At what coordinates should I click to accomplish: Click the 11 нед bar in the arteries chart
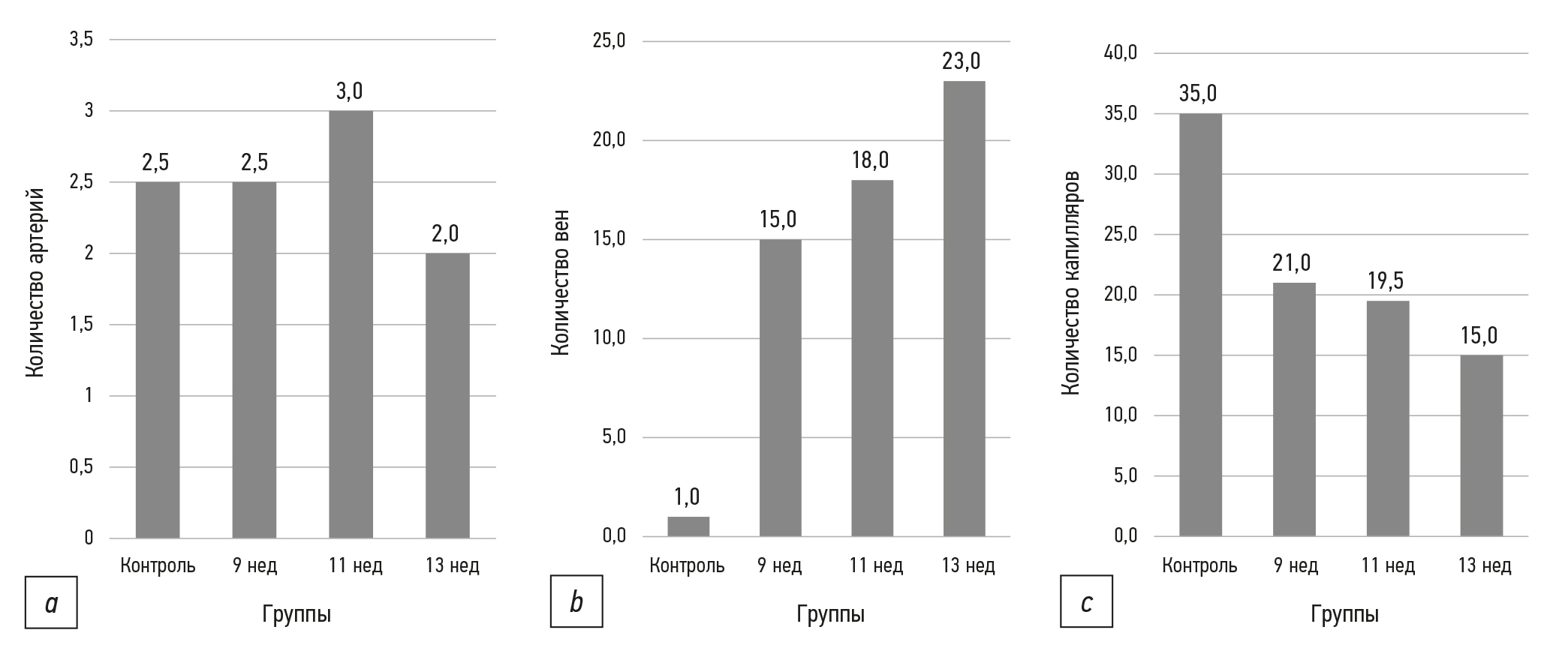pyautogui.click(x=351, y=324)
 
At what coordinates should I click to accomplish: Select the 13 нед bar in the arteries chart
pyautogui.click(x=447, y=395)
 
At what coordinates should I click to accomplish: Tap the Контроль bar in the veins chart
pyautogui.click(x=688, y=526)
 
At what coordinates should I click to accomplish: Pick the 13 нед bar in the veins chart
pyautogui.click(x=964, y=308)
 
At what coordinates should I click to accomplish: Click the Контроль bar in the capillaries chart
pyautogui.click(x=1200, y=325)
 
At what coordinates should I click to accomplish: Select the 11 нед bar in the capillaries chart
pyautogui.click(x=1387, y=418)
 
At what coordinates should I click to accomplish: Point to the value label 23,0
pyautogui.click(x=962, y=61)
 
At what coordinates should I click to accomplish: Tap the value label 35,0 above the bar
pyautogui.click(x=1198, y=94)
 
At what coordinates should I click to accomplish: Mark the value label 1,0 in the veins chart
pyautogui.click(x=687, y=496)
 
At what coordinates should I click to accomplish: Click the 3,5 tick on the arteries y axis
pyautogui.click(x=81, y=40)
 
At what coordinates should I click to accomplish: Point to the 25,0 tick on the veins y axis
pyautogui.click(x=608, y=41)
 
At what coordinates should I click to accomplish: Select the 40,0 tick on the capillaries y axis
pyautogui.click(x=1121, y=53)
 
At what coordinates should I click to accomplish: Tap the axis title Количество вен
pyautogui.click(x=559, y=283)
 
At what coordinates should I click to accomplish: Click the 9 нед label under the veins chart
pyautogui.click(x=779, y=565)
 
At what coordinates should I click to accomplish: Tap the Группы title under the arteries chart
pyautogui.click(x=296, y=614)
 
